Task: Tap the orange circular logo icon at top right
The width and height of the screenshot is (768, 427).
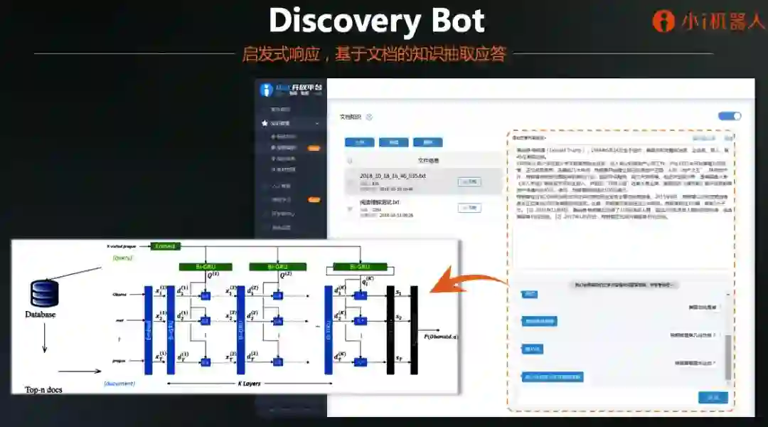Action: pyautogui.click(x=663, y=21)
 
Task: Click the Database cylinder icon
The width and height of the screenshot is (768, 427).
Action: pyautogui.click(x=43, y=294)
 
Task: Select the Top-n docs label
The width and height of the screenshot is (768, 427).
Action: pyautogui.click(x=44, y=389)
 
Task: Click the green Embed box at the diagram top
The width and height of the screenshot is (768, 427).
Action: pyautogui.click(x=165, y=246)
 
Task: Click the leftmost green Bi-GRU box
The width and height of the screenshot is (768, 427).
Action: pyautogui.click(x=206, y=266)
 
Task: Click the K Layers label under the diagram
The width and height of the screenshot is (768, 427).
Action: pyautogui.click(x=249, y=384)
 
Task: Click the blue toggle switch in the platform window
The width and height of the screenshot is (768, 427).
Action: pyautogui.click(x=730, y=116)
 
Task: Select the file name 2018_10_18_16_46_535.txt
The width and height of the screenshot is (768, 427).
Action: pyautogui.click(x=393, y=176)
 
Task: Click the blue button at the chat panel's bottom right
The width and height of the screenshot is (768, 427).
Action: pyautogui.click(x=713, y=397)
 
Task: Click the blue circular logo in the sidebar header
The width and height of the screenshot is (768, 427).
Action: pyautogui.click(x=267, y=90)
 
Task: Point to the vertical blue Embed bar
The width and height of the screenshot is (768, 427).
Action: pyautogui.click(x=149, y=330)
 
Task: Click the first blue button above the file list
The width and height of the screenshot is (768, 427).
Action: pyautogui.click(x=359, y=142)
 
